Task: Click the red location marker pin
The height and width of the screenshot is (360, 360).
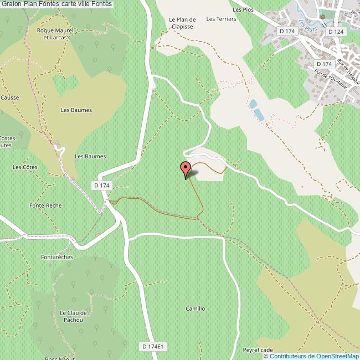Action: point(186,169)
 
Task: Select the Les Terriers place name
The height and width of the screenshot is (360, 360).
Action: point(221,19)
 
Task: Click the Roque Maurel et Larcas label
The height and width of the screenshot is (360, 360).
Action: point(52,34)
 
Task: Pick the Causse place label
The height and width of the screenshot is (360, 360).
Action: point(9,97)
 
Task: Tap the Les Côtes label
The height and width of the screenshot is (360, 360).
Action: point(24,167)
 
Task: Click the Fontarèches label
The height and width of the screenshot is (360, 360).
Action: point(56,258)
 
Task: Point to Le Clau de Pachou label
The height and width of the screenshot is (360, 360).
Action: point(72,316)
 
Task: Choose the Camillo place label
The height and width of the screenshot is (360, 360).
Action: point(195,308)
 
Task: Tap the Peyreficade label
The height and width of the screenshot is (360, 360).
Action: point(258,350)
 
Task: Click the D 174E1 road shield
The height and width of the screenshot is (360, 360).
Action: point(152,346)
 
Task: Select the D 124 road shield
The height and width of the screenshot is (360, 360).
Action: point(336,32)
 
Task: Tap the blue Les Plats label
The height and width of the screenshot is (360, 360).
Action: point(304,24)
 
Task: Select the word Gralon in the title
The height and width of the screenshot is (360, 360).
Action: point(12,4)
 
